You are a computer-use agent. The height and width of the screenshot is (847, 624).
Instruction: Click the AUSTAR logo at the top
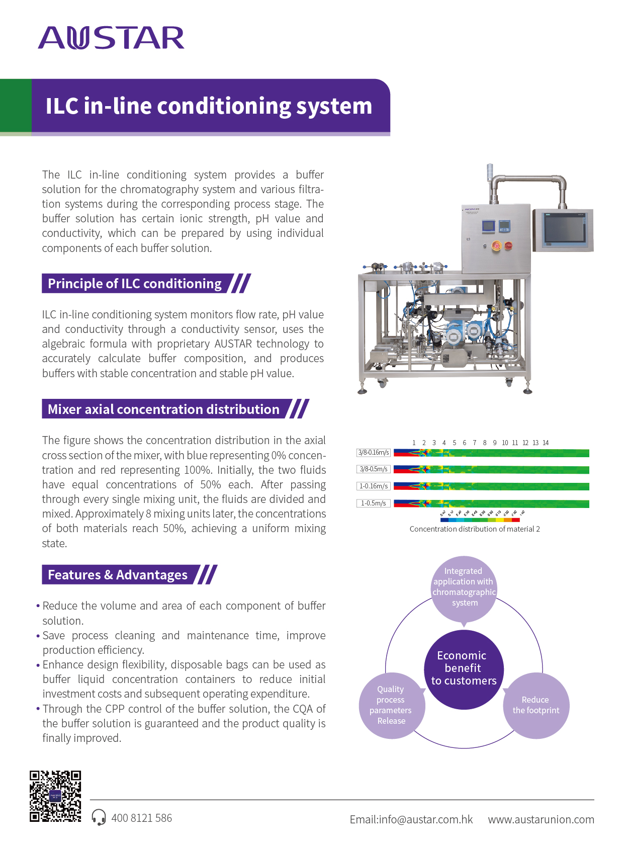click(x=111, y=38)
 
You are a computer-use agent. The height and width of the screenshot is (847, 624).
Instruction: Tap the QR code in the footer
click(x=55, y=796)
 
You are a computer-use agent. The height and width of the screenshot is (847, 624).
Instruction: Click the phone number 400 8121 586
click(x=141, y=818)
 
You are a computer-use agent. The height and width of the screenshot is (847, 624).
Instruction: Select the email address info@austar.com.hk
click(x=411, y=819)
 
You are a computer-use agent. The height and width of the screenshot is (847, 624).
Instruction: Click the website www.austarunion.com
click(x=541, y=819)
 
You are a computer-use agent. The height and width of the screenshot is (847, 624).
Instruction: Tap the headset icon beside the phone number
click(x=99, y=817)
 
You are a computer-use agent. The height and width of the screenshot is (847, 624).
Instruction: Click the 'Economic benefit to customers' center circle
click(x=464, y=669)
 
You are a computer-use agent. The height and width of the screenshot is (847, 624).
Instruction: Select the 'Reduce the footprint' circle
click(x=536, y=705)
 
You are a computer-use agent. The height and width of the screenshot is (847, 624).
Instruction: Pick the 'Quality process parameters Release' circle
click(x=391, y=705)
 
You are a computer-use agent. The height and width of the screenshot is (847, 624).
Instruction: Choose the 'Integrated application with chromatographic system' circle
click(x=464, y=587)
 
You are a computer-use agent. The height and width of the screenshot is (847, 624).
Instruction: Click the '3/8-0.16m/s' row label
click(x=373, y=453)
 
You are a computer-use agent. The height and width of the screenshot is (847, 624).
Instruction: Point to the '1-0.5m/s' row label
click(x=373, y=503)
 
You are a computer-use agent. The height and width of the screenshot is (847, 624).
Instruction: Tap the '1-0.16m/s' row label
click(x=373, y=486)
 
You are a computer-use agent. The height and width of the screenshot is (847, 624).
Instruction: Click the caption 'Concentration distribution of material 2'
click(x=475, y=529)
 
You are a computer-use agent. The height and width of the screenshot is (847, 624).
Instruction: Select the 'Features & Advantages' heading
click(x=118, y=575)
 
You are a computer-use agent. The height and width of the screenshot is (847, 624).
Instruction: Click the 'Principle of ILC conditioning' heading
click(x=135, y=284)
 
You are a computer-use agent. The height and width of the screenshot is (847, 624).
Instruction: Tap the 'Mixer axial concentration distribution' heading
click(x=163, y=409)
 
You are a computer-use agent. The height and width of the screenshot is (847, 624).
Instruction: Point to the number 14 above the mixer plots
click(x=546, y=443)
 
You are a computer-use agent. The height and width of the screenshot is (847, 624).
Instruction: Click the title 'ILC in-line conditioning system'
click(x=209, y=106)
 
